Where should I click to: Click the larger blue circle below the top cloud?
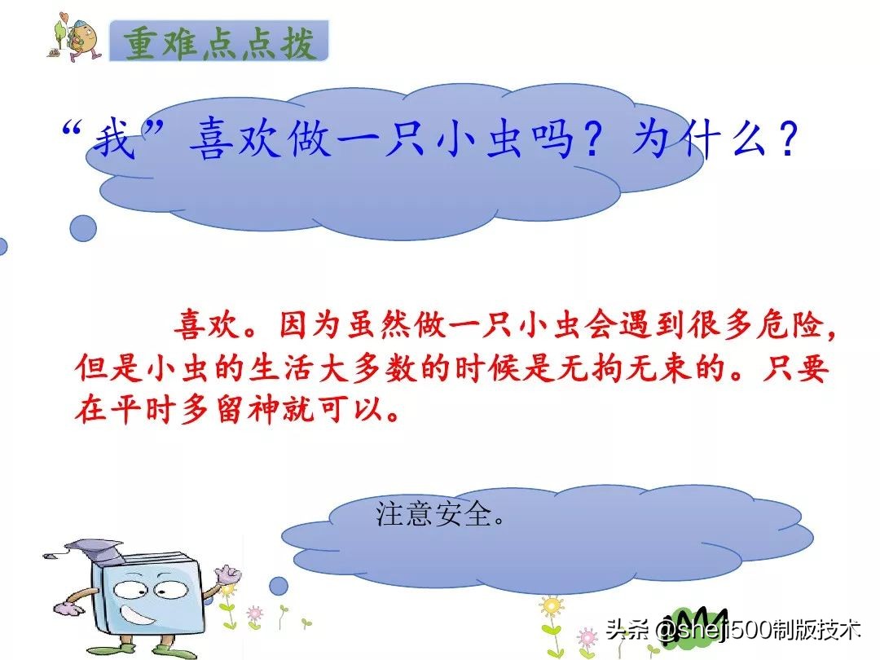point(83,228)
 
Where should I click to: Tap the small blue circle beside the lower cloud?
point(279,585)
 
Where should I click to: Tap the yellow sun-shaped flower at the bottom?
point(552,607)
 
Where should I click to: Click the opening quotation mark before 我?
point(75,130)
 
